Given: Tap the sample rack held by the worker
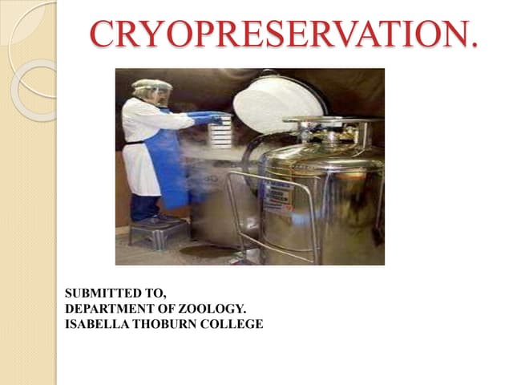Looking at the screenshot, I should click(221, 132).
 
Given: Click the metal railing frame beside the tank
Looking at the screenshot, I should click(240, 209).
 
